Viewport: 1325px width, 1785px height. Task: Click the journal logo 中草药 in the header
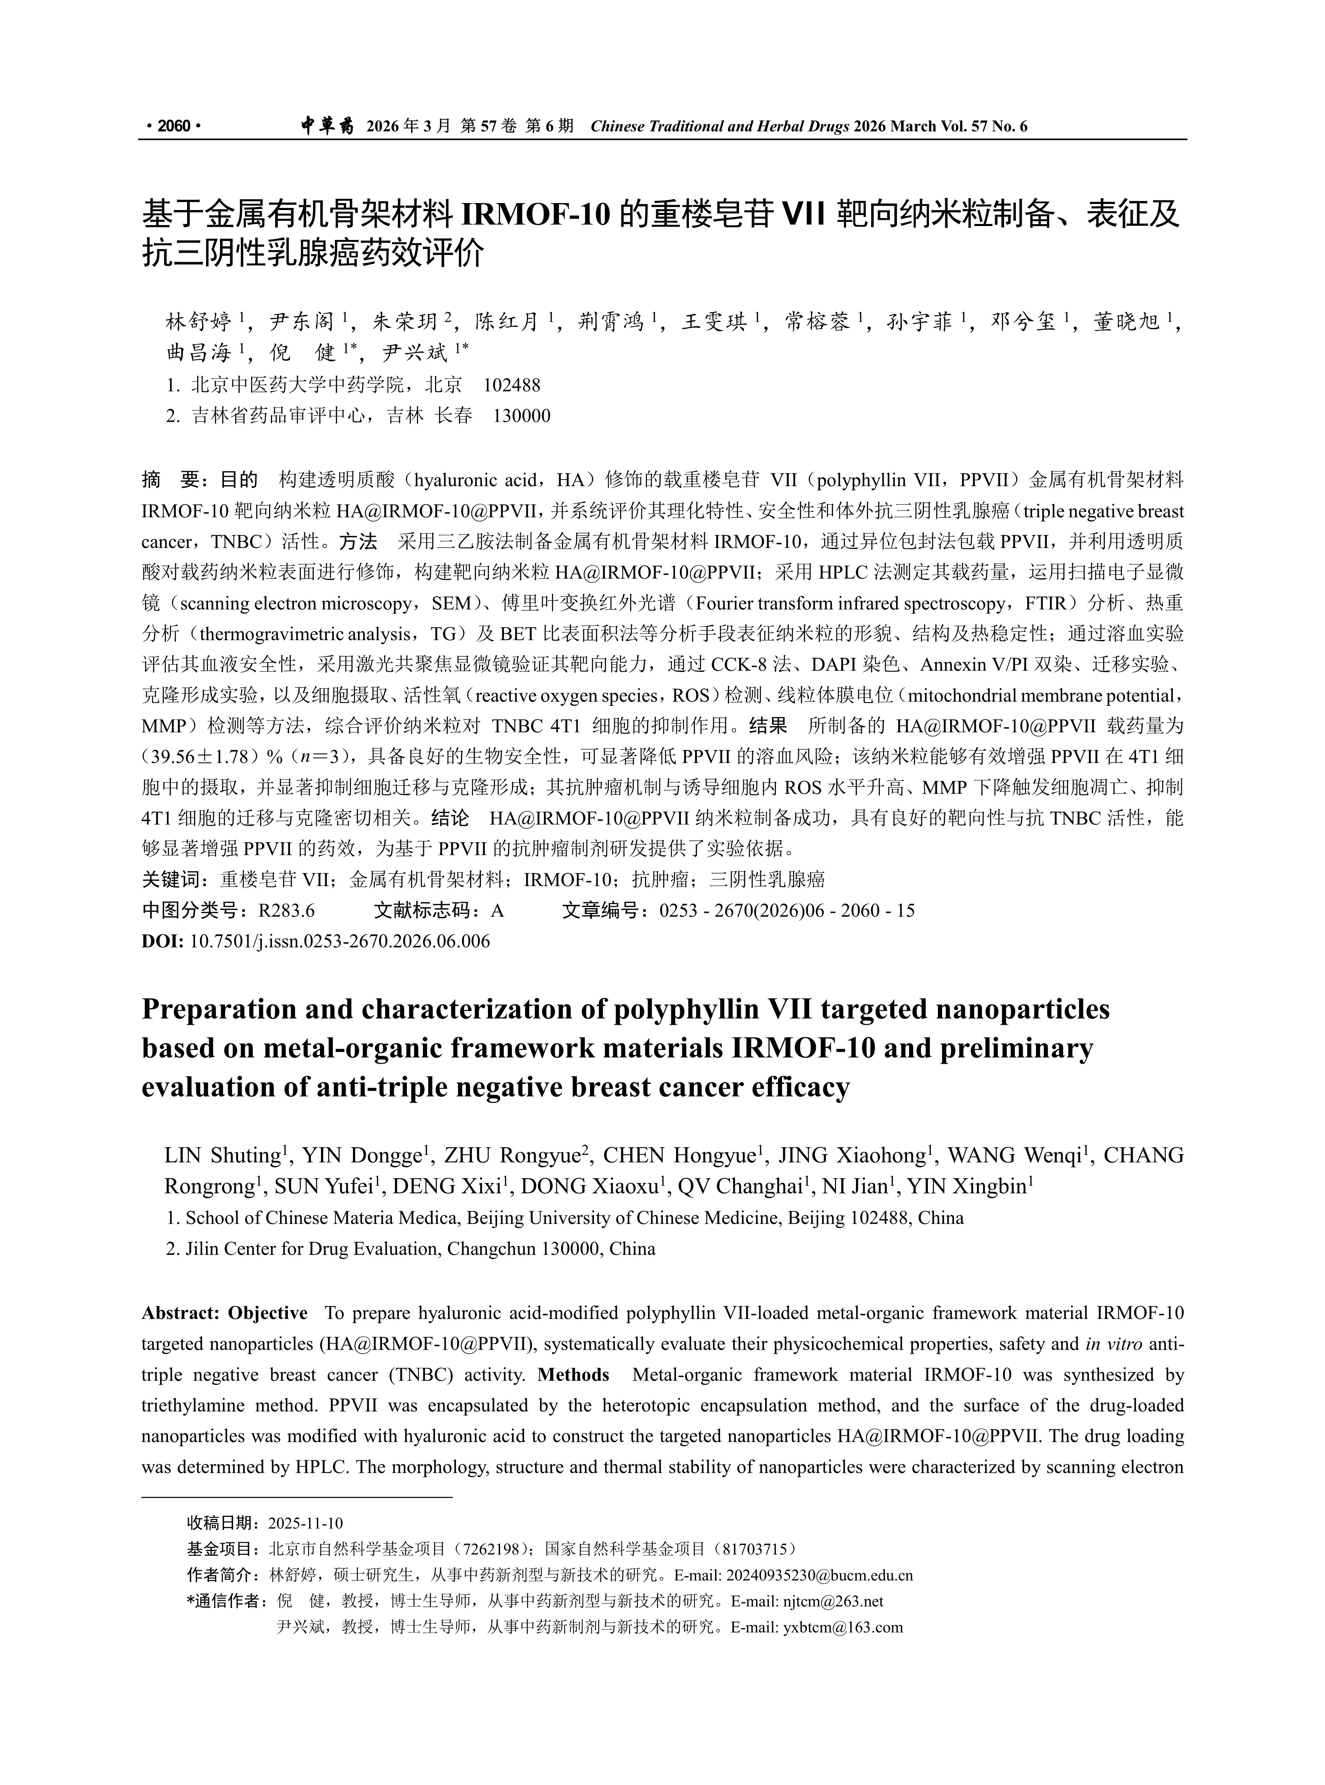pos(327,126)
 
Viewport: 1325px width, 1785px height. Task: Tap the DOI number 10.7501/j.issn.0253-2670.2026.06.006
pos(339,941)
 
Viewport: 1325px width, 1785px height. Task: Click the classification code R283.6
pos(286,910)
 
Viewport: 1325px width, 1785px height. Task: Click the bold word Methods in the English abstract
pos(573,1374)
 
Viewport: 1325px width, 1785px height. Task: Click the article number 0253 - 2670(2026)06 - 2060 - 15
pos(787,910)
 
